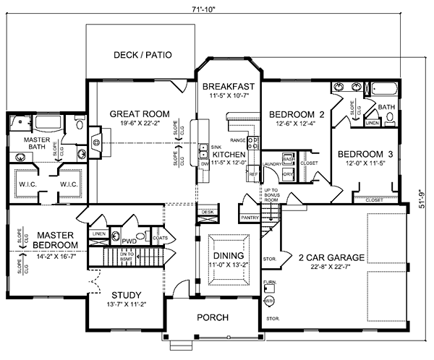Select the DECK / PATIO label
pyautogui.click(x=142, y=55)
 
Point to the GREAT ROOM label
pyautogui.click(x=140, y=113)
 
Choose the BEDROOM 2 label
pyautogui.click(x=292, y=114)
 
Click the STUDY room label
pyautogui.click(x=126, y=295)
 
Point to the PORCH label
pyautogui.click(x=213, y=317)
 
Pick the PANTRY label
pyautogui.click(x=250, y=217)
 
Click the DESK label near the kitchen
pyautogui.click(x=208, y=213)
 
